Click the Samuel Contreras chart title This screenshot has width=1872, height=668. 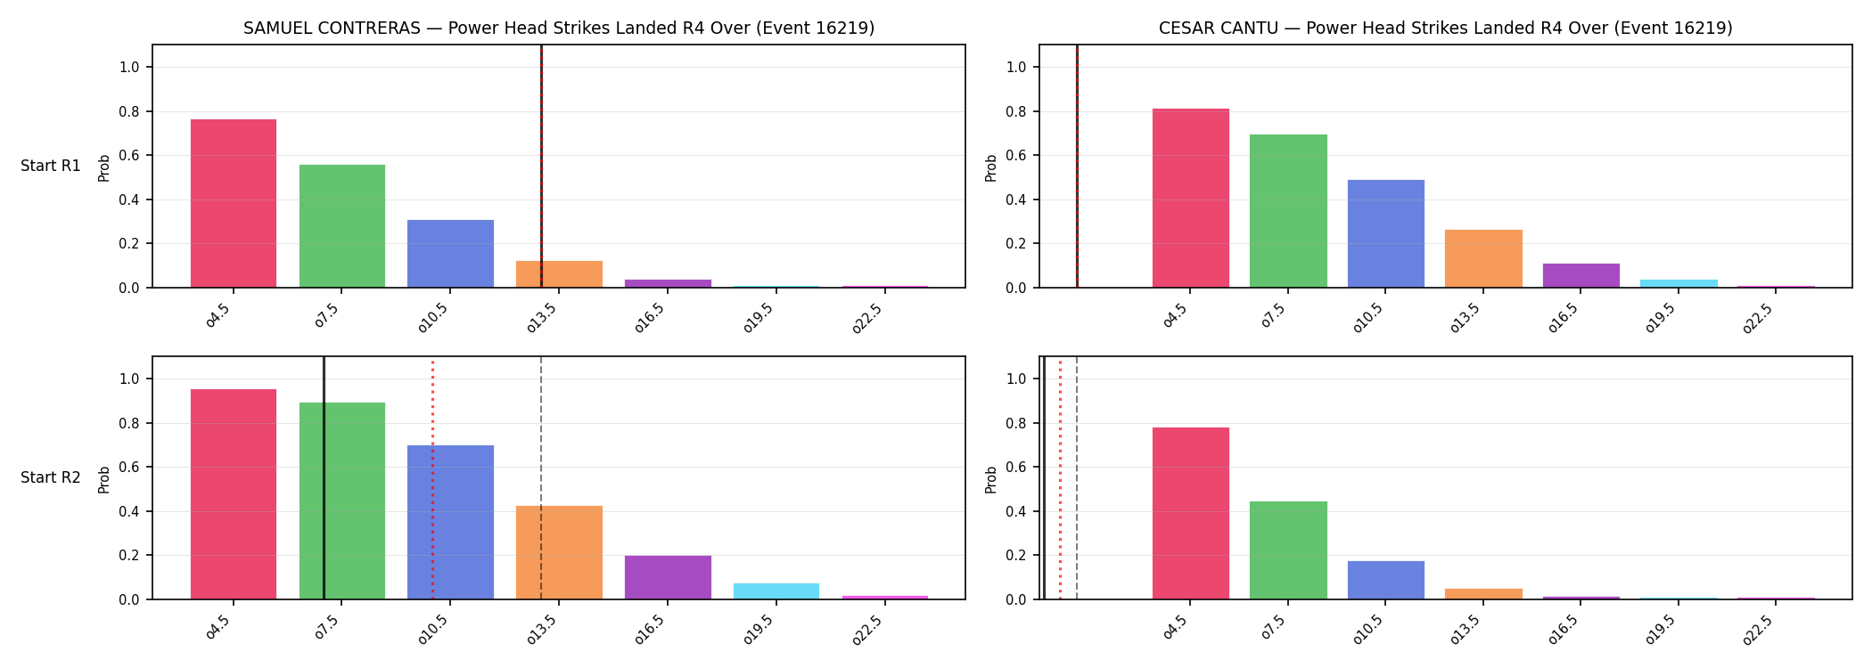coord(559,29)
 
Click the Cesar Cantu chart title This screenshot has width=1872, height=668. coord(1445,29)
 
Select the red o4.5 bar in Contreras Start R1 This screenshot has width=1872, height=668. coord(234,203)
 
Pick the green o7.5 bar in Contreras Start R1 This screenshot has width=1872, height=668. coord(342,226)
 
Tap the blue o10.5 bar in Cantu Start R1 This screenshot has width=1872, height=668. coord(1385,233)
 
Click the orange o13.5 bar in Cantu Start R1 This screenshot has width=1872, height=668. coord(1483,258)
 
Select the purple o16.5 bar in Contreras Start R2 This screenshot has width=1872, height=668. coord(668,577)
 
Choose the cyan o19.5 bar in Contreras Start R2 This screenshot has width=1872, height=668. coord(776,591)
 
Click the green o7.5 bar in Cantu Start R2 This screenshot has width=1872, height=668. coord(1288,550)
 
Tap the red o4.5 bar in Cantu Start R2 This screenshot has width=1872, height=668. coord(1191,513)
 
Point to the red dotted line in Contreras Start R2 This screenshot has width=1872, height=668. coord(432,478)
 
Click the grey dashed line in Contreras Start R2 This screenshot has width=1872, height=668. coord(541,478)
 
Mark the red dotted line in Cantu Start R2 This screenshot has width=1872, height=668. coord(1060,478)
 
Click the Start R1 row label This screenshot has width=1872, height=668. coord(51,166)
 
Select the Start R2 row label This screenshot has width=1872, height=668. coord(51,477)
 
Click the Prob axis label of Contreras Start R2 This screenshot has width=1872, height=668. coord(104,479)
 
